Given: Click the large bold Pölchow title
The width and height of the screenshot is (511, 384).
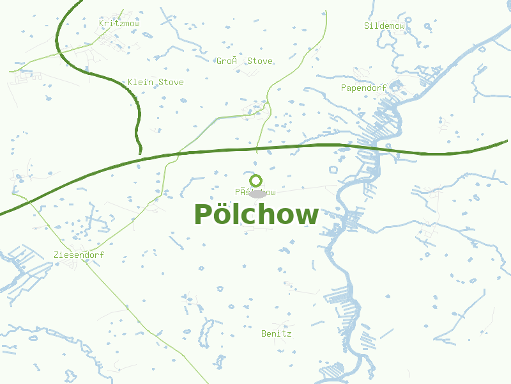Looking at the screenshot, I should click(x=256, y=215).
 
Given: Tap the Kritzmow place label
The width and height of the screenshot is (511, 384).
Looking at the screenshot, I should click(x=119, y=24).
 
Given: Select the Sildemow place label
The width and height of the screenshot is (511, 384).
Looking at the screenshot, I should click(x=385, y=26).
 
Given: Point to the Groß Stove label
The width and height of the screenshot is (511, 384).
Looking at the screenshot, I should click(x=244, y=61).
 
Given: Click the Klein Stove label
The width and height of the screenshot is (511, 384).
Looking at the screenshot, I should click(x=155, y=83).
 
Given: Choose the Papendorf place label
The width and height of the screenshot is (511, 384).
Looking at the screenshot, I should click(x=365, y=88).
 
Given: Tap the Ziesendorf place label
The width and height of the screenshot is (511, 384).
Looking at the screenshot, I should click(x=79, y=255).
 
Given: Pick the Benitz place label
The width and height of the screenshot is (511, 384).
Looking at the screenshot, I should click(x=276, y=334).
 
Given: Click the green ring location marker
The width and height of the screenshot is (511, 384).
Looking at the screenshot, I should click(x=256, y=180).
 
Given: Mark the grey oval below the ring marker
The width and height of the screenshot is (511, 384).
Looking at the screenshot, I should click(x=257, y=193).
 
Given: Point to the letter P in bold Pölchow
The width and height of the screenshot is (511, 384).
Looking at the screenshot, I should click(x=202, y=215).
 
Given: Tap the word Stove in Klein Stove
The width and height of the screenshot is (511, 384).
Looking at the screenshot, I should click(x=171, y=83).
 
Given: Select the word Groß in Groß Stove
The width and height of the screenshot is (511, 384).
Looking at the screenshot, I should click(x=227, y=61).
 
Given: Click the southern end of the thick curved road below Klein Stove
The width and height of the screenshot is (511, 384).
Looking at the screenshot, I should click(x=140, y=152).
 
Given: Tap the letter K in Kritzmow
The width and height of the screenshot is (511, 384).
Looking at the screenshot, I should click(x=102, y=24).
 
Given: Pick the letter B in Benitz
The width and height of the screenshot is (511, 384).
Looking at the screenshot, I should click(x=264, y=334).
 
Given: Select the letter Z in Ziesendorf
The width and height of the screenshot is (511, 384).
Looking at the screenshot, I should click(x=56, y=255).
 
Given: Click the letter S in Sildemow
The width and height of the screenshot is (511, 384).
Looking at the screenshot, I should click(x=367, y=26).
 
